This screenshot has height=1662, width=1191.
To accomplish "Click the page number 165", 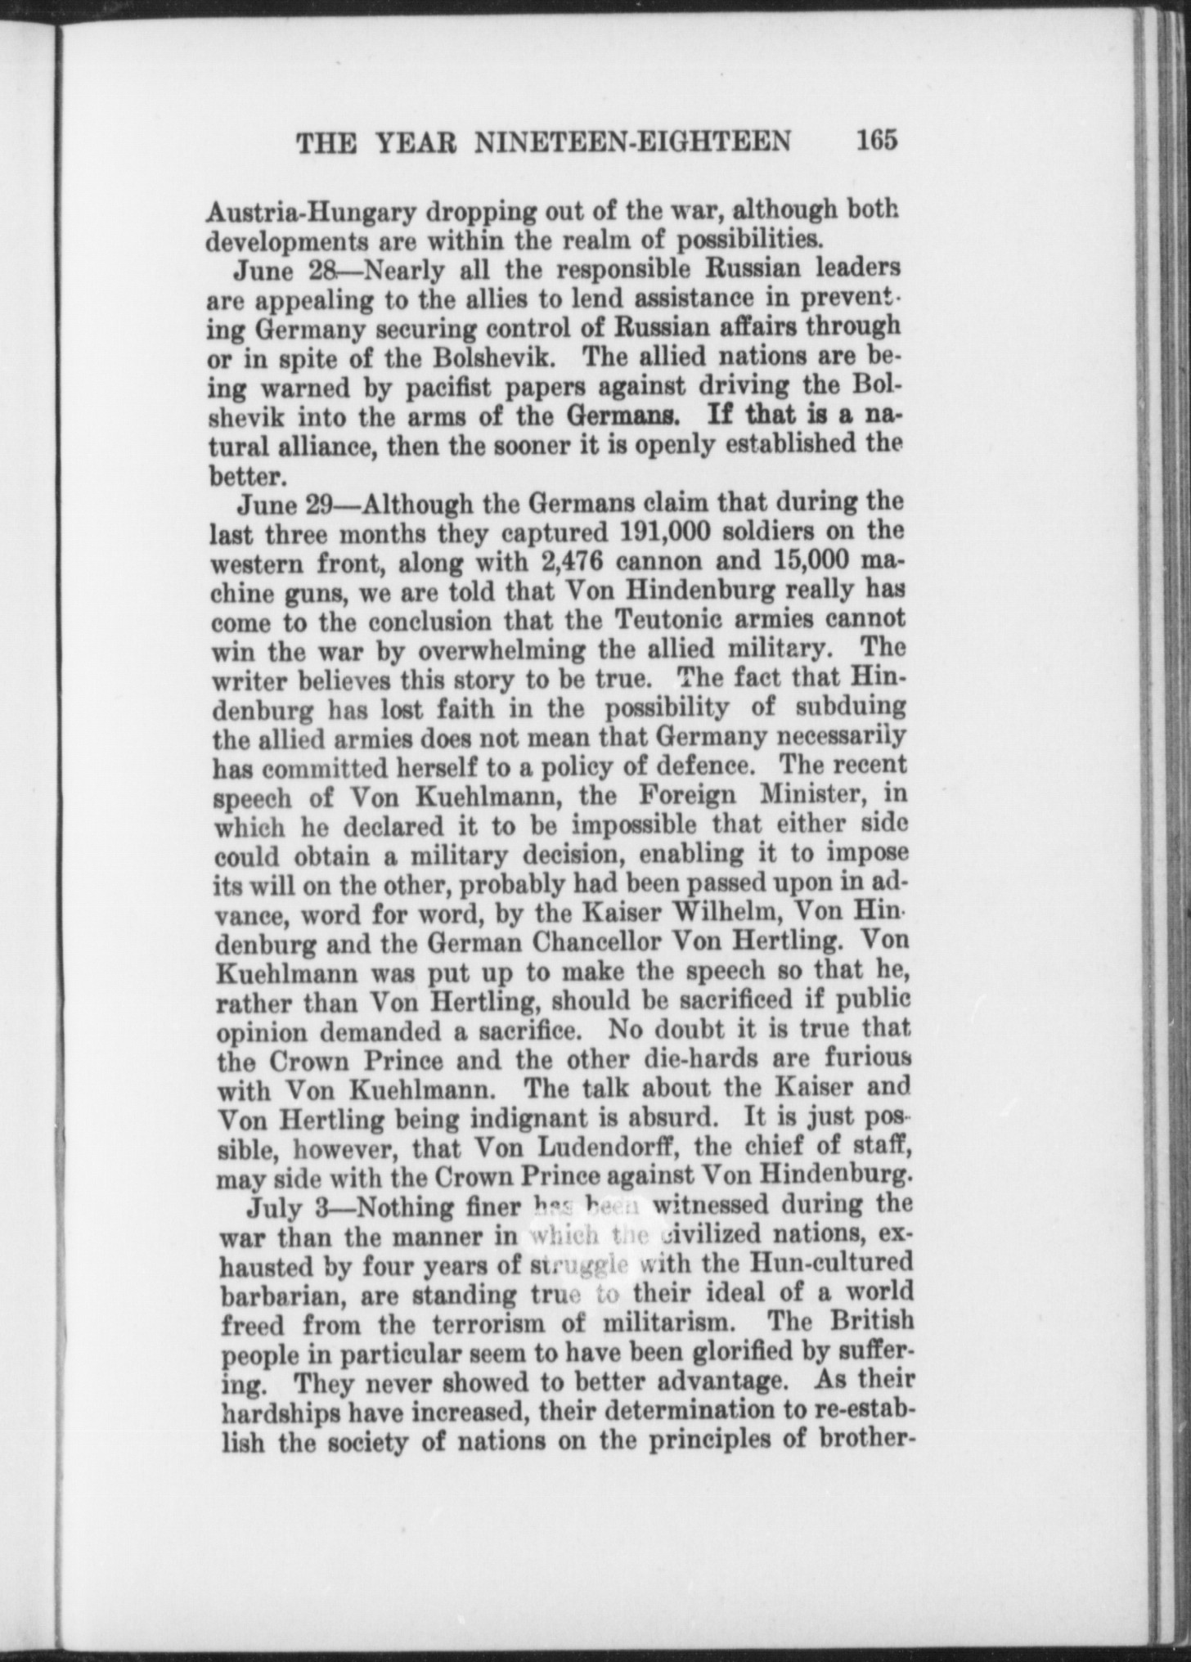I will click(x=877, y=140).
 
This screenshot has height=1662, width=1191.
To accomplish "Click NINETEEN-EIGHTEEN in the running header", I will click(x=633, y=142).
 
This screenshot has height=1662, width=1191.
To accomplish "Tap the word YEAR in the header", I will click(x=416, y=143).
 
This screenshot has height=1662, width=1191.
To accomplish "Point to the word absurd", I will click(x=688, y=1118).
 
